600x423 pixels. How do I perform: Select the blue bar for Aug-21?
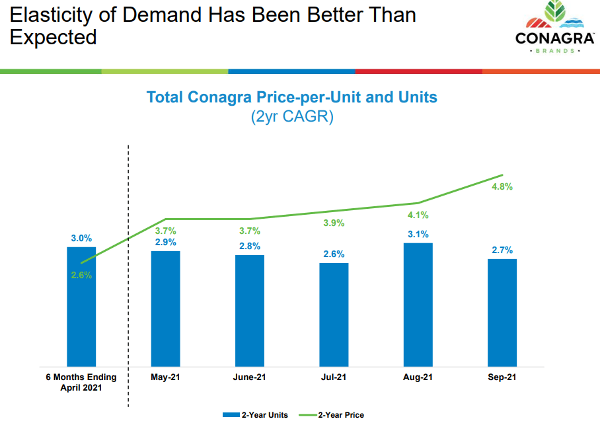418,304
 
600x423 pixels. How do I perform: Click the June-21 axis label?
250,377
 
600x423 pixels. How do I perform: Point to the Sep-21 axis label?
502,377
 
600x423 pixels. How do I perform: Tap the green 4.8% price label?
502,186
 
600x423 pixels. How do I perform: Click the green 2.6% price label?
81,275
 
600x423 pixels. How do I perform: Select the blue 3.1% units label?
418,234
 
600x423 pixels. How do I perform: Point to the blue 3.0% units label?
81,238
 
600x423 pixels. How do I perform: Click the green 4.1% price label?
418,215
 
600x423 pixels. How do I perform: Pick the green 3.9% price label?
334,223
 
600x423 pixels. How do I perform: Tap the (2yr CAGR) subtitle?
291,118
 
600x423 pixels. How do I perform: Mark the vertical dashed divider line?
128,264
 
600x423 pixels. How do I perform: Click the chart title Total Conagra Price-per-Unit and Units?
291,97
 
